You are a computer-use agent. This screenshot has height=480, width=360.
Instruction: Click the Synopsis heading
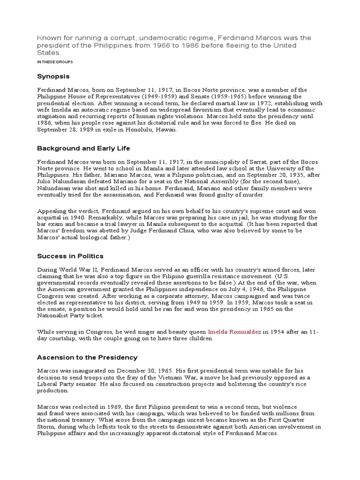click(53, 76)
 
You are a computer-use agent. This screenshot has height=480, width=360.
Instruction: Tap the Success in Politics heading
click(70, 256)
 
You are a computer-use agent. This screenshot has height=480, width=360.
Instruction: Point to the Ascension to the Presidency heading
click(87, 357)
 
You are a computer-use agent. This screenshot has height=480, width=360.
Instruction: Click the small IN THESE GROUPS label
click(55, 61)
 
